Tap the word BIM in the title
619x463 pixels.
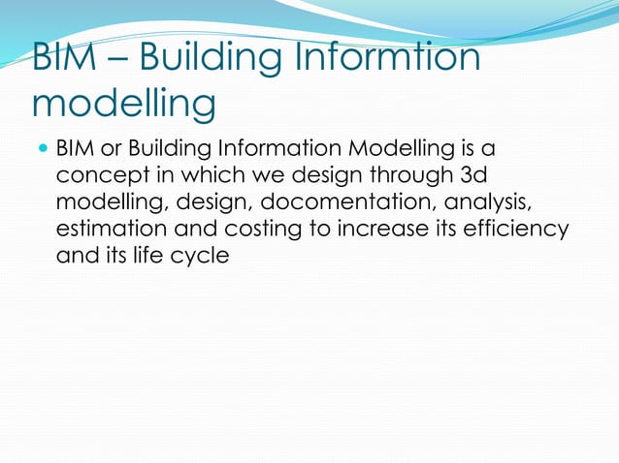70,59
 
